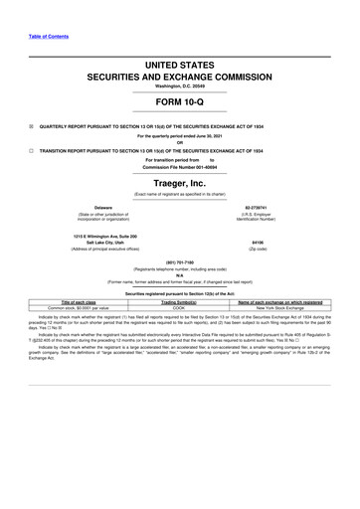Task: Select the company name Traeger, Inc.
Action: point(180,184)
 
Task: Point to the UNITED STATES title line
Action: point(180,64)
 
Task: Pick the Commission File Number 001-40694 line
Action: point(180,169)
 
